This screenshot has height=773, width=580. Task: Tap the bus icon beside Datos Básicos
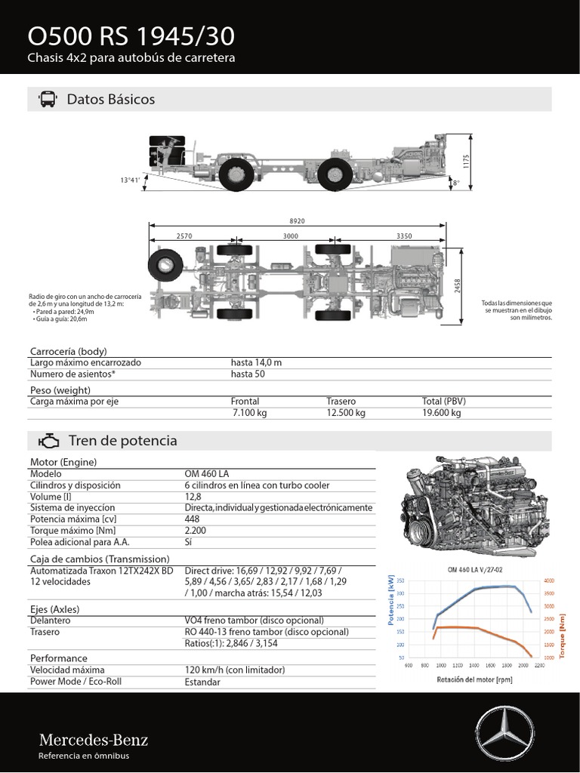(47, 100)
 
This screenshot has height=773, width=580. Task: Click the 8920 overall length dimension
(298, 220)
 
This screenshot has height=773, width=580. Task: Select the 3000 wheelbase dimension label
(291, 236)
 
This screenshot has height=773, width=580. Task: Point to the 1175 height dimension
(467, 162)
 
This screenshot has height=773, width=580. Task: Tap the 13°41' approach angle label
(130, 180)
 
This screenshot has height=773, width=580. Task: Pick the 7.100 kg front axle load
(249, 414)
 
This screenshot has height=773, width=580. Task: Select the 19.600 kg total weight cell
(441, 414)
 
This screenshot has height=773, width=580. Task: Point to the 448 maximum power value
(192, 519)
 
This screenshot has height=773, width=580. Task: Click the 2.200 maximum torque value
(196, 531)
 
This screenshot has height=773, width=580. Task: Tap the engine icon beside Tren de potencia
(48, 441)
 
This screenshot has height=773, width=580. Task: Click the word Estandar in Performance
(202, 682)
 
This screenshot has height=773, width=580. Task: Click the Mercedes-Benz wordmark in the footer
(93, 740)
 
